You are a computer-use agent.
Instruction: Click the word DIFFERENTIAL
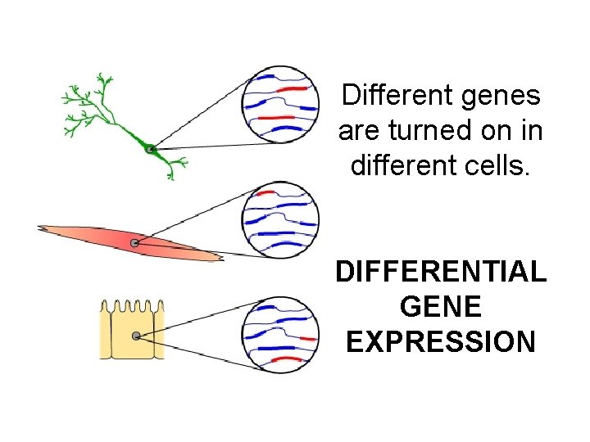[x=441, y=271]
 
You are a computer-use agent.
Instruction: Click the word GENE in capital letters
[x=441, y=306]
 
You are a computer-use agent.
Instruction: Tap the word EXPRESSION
[x=441, y=341]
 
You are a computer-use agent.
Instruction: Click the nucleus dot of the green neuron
[x=150, y=149]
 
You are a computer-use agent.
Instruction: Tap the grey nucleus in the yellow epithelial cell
[x=136, y=336]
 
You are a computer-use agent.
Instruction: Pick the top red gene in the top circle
[x=293, y=88]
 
